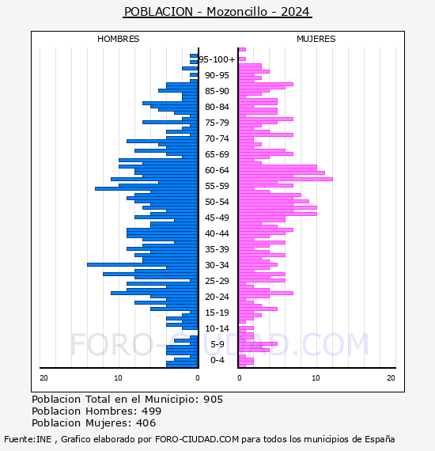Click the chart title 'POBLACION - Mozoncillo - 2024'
[x=217, y=12]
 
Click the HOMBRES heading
[x=118, y=39]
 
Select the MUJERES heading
[x=316, y=39]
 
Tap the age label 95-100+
[x=217, y=59]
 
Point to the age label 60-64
[x=217, y=170]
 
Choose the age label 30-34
[x=217, y=265]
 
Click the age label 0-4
[x=217, y=360]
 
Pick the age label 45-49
[x=217, y=218]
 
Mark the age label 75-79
[x=217, y=123]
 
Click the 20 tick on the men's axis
[x=43, y=378]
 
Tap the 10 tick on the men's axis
[x=118, y=378]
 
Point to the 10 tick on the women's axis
[x=316, y=378]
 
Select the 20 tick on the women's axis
[x=391, y=378]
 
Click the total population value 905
[x=213, y=400]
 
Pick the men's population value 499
[x=152, y=411]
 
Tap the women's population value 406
[x=146, y=423]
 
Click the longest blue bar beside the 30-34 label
[x=142, y=264]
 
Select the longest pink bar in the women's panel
[x=286, y=179]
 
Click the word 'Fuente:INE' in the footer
[x=28, y=439]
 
